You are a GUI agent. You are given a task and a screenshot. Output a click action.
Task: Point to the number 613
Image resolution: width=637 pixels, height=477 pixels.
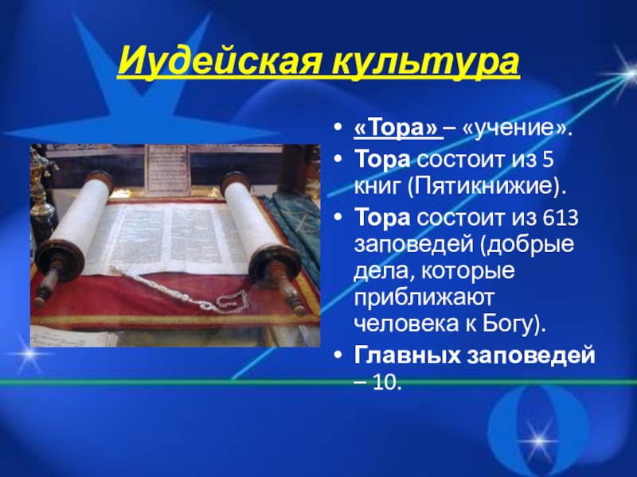point(557,217)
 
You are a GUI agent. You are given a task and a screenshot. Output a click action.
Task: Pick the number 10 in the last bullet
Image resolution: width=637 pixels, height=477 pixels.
point(388,382)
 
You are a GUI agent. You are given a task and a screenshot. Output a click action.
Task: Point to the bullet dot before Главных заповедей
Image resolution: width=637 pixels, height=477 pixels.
point(340,355)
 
